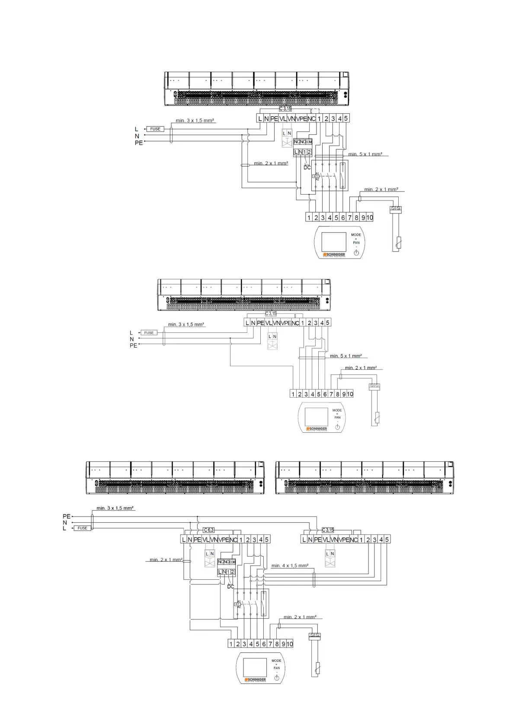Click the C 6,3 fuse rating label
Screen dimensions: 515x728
click(x=209, y=530)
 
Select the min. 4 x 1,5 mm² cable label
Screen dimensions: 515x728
click(x=290, y=565)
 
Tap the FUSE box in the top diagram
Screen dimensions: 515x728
click(x=155, y=129)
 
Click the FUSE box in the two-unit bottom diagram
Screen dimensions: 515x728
click(x=83, y=528)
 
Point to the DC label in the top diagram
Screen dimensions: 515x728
click(x=307, y=167)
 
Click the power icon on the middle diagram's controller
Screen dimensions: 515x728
click(x=338, y=428)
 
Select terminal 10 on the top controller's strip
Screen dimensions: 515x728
click(x=370, y=217)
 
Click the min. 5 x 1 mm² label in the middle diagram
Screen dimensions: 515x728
click(x=345, y=356)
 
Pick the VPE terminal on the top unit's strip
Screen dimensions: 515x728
click(x=301, y=118)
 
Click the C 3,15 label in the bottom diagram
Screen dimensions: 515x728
click(x=328, y=530)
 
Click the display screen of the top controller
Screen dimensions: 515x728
click(x=334, y=242)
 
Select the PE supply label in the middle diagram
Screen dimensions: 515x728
click(x=133, y=345)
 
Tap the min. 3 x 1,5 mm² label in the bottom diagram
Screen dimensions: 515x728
click(x=115, y=508)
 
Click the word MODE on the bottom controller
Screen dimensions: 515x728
click(x=276, y=661)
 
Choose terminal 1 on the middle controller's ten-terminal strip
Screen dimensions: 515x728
click(x=293, y=394)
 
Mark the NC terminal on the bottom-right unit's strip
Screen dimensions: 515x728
click(x=353, y=540)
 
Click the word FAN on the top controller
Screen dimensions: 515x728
click(x=356, y=243)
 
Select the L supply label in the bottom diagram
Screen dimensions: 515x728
click(x=64, y=528)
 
